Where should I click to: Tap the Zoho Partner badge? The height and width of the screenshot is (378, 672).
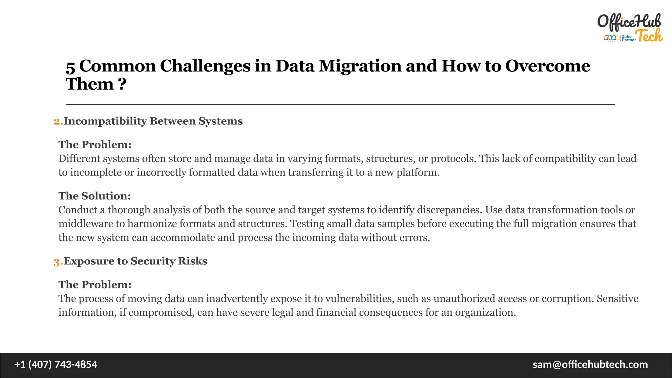[619, 38]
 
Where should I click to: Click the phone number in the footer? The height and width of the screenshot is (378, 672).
[56, 365]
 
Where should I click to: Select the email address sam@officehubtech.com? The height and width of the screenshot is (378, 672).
[590, 365]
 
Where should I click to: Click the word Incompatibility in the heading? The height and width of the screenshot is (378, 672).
[105, 121]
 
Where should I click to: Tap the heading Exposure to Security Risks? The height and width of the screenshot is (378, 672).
[135, 261]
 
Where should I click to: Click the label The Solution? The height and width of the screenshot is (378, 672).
[94, 196]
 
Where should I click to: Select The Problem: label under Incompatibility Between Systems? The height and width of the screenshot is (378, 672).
[95, 145]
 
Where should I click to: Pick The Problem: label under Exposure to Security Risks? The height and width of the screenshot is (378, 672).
[95, 285]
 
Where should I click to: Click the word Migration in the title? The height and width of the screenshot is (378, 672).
[360, 66]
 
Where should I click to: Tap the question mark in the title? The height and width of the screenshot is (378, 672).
[122, 84]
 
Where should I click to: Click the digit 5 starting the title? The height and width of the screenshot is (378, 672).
[70, 68]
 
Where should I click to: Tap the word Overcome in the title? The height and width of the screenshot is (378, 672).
[547, 66]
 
